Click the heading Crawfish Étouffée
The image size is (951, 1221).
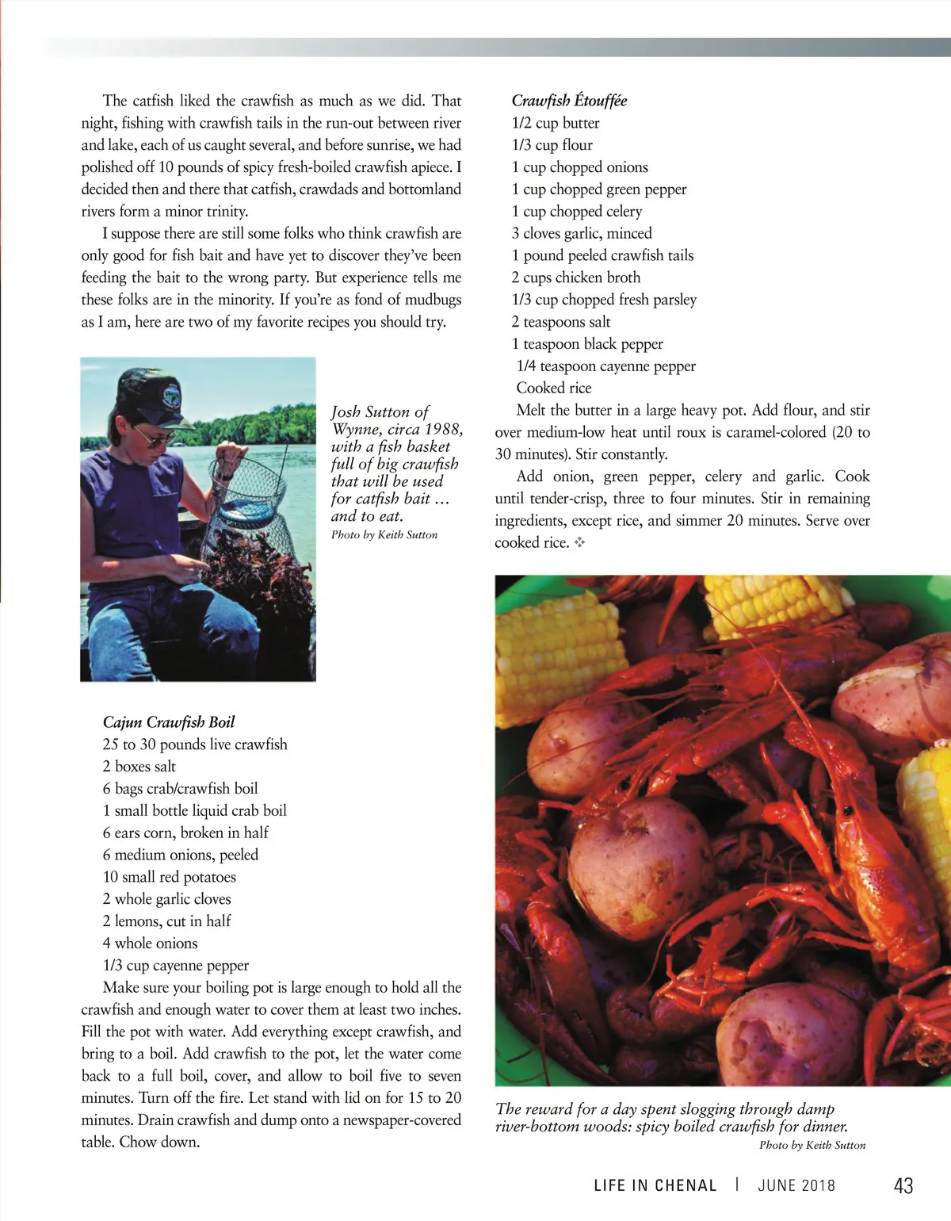click(569, 101)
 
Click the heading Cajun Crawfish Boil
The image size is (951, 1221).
click(169, 722)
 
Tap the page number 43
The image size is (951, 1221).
click(903, 1186)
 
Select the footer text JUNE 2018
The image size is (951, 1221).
click(796, 1186)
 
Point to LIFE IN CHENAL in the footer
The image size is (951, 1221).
click(655, 1186)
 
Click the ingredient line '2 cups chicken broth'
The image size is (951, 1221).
click(576, 277)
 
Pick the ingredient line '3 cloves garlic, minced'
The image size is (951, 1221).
click(582, 233)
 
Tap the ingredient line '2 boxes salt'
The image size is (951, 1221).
click(139, 767)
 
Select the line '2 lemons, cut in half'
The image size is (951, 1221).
click(166, 921)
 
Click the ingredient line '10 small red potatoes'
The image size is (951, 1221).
click(170, 877)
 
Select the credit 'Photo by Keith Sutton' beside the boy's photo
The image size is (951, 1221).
click(384, 535)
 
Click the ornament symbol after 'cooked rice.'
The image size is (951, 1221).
click(579, 543)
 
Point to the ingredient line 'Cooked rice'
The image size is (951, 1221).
click(554, 388)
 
